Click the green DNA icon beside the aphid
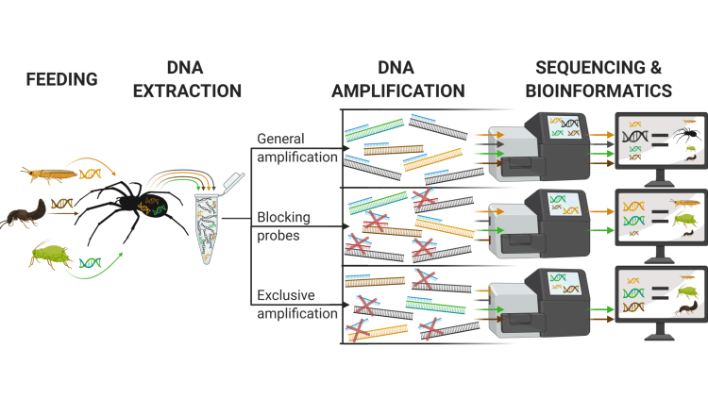point(92,261)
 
